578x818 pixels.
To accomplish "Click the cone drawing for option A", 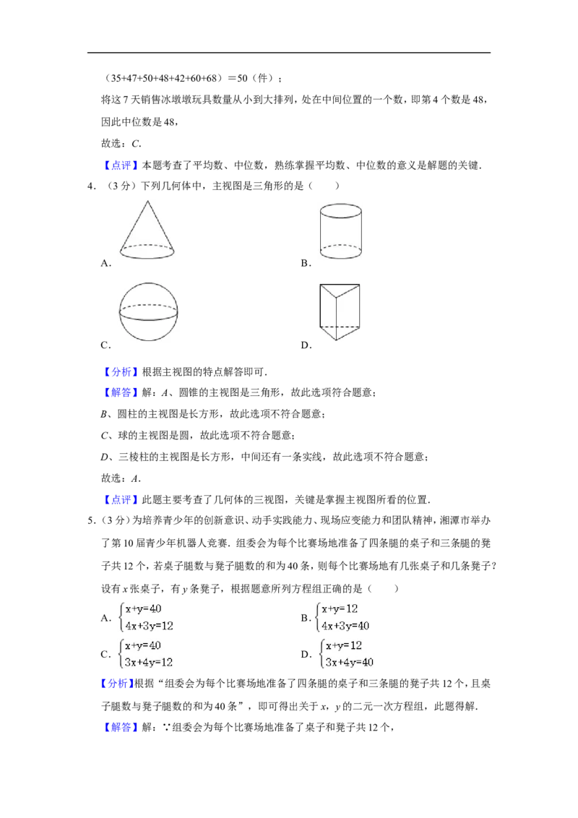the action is coord(147,230).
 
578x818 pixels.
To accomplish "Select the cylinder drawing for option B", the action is coord(340,231).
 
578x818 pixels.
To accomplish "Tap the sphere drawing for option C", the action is coord(148,311).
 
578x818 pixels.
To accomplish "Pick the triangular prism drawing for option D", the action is coord(340,311).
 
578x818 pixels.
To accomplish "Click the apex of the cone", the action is coord(147,200).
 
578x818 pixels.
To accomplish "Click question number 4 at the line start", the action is coord(91,186).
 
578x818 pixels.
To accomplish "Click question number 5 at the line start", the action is coord(91,520).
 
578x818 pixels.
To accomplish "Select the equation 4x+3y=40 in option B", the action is coord(345,626).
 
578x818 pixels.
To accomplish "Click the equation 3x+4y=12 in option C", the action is coord(149,662).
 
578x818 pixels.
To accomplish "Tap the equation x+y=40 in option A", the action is coord(143,609).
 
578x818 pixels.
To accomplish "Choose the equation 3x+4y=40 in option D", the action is coord(349,662).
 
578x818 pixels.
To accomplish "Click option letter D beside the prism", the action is coord(306,345).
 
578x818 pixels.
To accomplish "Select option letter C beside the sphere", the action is coord(105,345).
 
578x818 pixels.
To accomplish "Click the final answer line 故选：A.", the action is coord(121,478).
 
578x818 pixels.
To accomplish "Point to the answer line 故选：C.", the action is coord(121,144).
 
